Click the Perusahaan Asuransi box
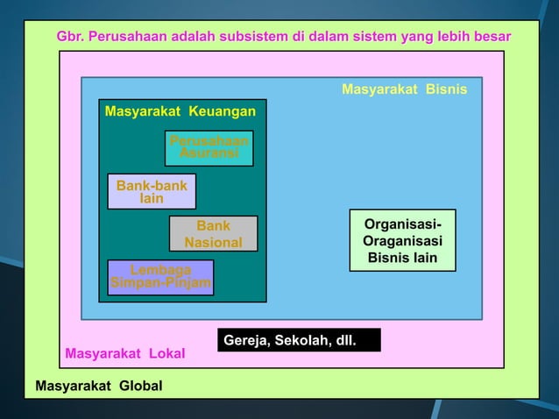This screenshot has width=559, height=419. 209,147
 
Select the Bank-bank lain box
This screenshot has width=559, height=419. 152,191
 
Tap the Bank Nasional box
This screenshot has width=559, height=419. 213,233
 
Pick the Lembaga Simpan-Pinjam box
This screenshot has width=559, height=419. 160,277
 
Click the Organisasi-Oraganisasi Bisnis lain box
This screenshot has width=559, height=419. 402,240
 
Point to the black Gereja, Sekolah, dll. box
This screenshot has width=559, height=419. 299,339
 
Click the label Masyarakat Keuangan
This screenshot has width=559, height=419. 180,111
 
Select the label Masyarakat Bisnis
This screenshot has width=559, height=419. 404,89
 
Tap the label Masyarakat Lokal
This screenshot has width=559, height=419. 125,354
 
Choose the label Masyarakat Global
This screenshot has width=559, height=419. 98,386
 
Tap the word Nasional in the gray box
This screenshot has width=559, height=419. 213,242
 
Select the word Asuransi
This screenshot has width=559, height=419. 209,153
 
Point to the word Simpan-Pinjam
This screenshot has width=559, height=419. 160,283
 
